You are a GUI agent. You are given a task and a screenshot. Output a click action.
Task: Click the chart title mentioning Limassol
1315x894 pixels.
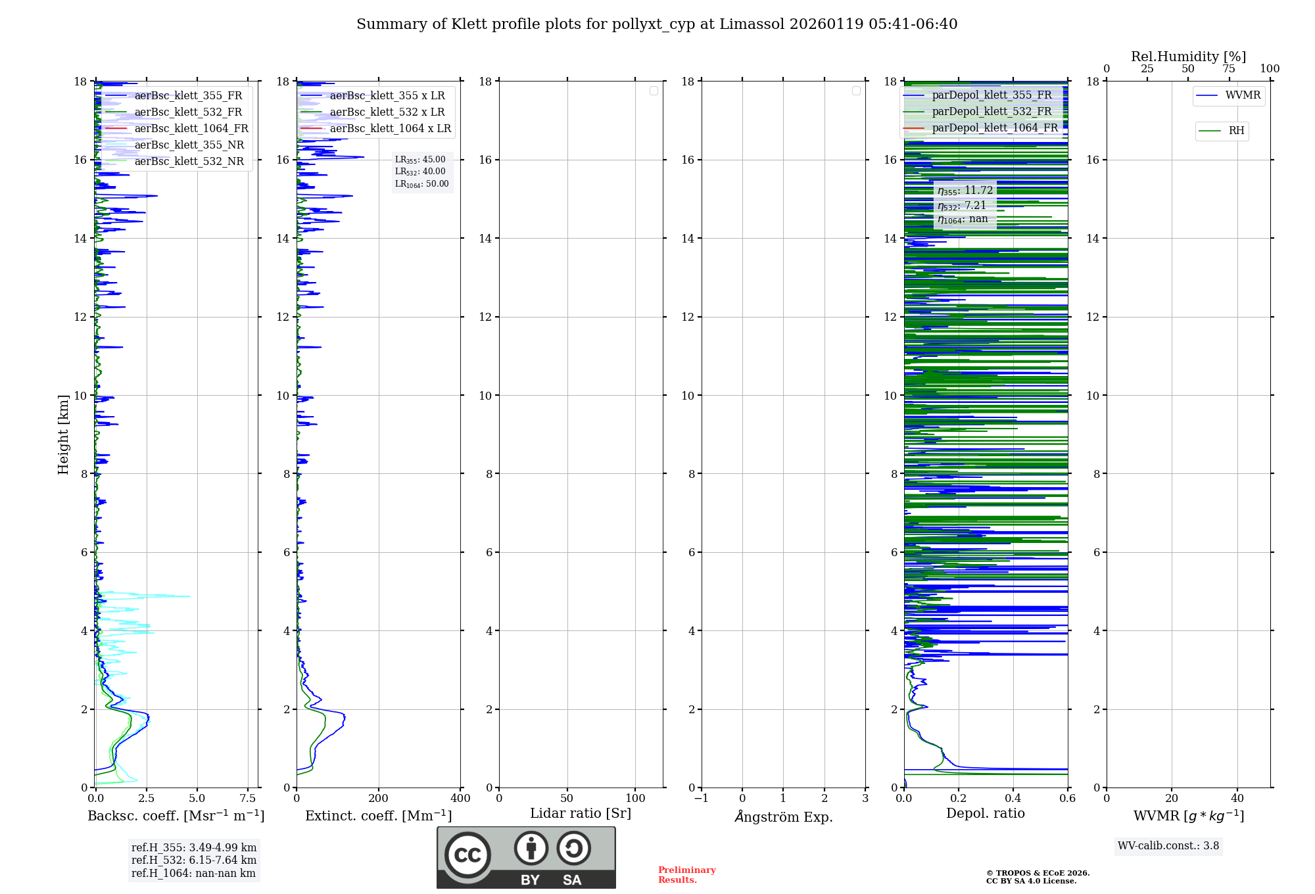pyautogui.click(x=657, y=24)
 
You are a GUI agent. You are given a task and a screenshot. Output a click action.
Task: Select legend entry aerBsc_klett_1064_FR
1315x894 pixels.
pyautogui.click(x=191, y=129)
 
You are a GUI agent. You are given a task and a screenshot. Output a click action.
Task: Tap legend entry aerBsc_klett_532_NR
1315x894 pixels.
pyautogui.click(x=189, y=162)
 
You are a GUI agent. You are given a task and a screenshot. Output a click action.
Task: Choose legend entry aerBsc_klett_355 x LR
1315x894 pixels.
pyautogui.click(x=387, y=96)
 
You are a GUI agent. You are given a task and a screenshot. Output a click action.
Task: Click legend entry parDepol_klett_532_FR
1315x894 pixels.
pyautogui.click(x=992, y=112)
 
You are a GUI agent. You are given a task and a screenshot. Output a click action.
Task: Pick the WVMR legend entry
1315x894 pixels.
pyautogui.click(x=1242, y=95)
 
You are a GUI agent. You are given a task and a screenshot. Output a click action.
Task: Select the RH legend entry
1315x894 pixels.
pyautogui.click(x=1235, y=131)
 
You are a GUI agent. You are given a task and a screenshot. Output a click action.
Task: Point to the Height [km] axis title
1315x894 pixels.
pyautogui.click(x=63, y=434)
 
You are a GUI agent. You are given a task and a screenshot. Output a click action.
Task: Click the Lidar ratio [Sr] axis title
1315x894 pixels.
pyautogui.click(x=580, y=814)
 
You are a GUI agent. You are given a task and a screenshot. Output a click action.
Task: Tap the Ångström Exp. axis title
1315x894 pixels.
pyautogui.click(x=783, y=816)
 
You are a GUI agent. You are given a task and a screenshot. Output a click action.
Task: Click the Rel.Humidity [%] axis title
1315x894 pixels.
pyautogui.click(x=1188, y=57)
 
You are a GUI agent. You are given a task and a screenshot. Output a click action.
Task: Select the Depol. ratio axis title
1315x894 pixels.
pyautogui.click(x=985, y=814)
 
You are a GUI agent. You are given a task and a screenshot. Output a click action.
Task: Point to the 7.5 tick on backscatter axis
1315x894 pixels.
pyautogui.click(x=248, y=799)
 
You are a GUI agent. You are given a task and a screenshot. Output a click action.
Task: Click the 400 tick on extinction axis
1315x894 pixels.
pyautogui.click(x=460, y=799)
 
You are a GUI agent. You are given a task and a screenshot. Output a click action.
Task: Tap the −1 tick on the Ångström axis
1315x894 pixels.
pyautogui.click(x=701, y=799)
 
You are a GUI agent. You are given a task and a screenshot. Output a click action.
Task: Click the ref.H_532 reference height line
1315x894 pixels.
pyautogui.click(x=193, y=860)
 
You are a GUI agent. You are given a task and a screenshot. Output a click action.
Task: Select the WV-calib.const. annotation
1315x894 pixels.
pyautogui.click(x=1168, y=846)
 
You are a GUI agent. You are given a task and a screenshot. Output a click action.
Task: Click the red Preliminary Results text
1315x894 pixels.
pyautogui.click(x=686, y=875)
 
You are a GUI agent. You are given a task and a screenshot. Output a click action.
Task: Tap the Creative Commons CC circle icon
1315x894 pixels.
pyautogui.click(x=467, y=855)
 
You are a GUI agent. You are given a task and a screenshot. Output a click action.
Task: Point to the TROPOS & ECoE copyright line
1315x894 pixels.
pyautogui.click(x=1038, y=873)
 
